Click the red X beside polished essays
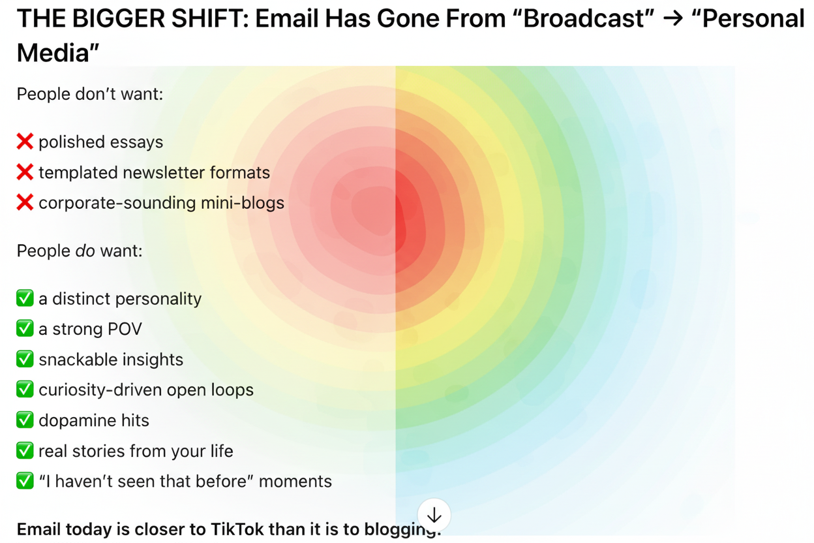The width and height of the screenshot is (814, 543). coord(25,142)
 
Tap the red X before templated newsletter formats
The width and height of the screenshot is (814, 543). coord(25,172)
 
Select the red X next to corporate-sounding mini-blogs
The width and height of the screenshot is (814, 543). coord(25,202)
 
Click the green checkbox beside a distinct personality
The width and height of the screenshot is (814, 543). coord(25,298)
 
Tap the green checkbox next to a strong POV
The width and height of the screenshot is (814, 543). coord(25,328)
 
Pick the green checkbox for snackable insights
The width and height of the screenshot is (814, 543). coord(25,359)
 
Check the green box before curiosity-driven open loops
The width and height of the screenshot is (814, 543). coord(25,390)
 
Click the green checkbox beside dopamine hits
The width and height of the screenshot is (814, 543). coord(25,420)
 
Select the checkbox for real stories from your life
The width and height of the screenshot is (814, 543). coord(25,450)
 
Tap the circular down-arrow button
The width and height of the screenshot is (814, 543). coord(434,515)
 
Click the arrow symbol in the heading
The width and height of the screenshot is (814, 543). coord(672,19)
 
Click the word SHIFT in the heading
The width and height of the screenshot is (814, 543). coord(210,18)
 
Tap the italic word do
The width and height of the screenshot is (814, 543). coord(85,251)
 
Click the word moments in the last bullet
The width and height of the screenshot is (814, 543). coord(295,482)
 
